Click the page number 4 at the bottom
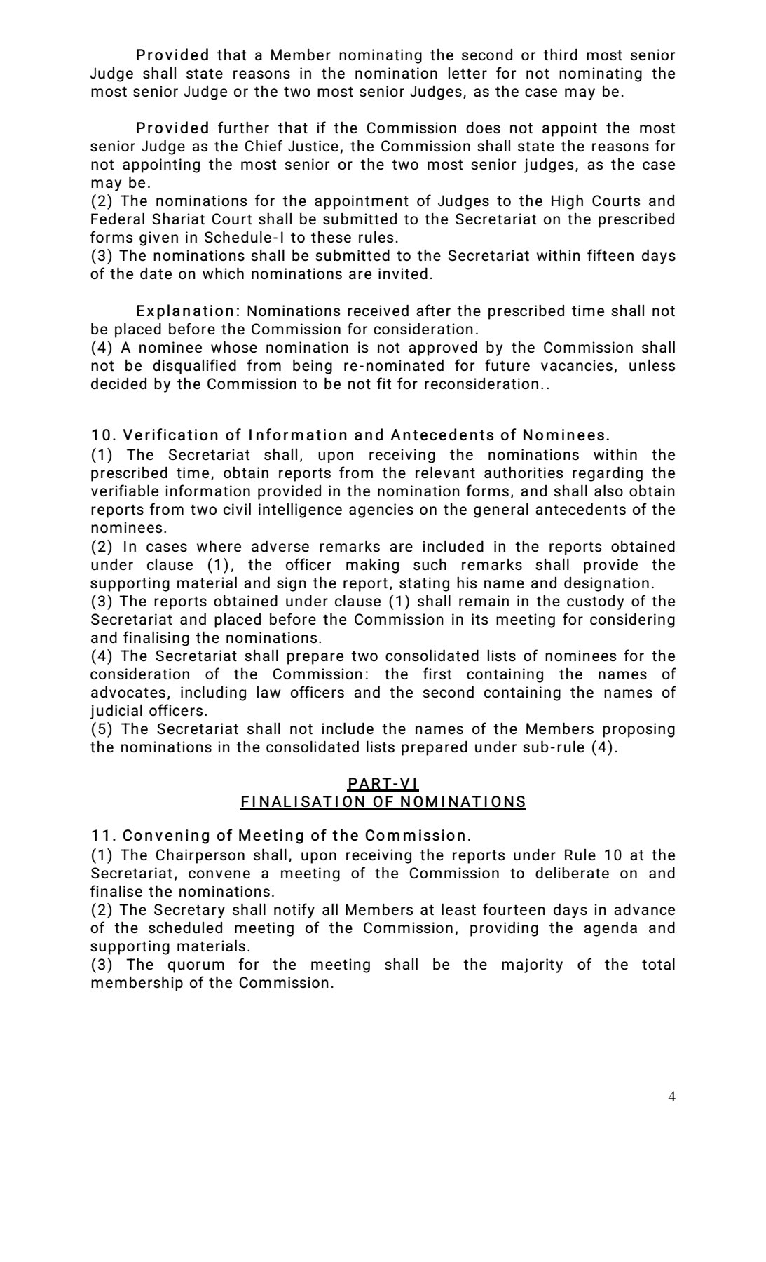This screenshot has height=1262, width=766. point(671,1097)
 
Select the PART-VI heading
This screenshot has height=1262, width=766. point(383,783)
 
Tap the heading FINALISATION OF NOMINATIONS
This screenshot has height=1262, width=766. point(383,801)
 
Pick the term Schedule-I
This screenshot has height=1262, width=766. point(243,238)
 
